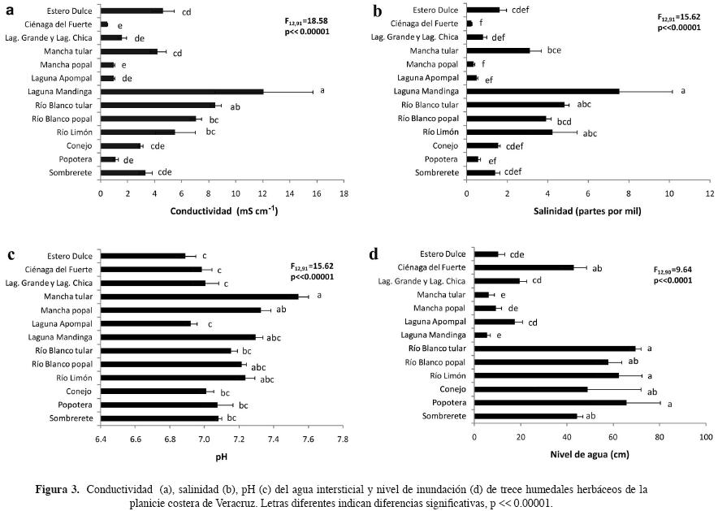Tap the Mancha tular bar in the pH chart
coord(199,297)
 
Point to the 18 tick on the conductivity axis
coord(344,195)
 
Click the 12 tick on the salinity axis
coord(709,195)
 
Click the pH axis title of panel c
coord(221,456)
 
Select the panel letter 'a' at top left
coord(10,11)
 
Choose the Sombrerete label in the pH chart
coord(71,418)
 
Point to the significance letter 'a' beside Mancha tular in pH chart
coord(319,296)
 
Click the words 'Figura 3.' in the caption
coord(57,490)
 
